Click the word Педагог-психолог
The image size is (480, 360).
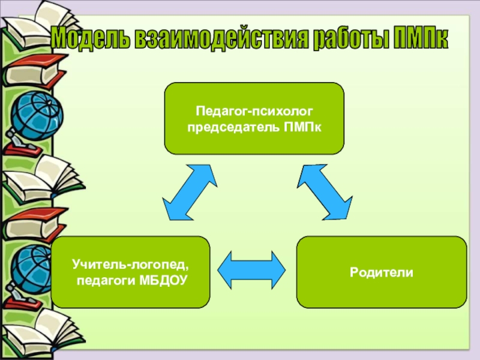[254, 111]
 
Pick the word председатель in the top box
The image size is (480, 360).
[234, 127]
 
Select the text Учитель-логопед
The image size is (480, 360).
[131, 263]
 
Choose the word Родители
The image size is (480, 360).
[382, 272]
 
